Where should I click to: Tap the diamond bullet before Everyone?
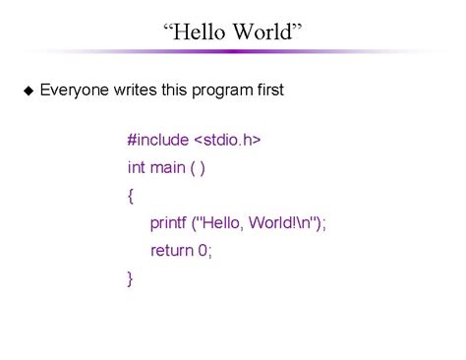coord(28,90)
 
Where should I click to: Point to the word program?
coord(220,90)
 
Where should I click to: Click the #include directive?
coord(161,140)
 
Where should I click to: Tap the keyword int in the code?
coord(136,167)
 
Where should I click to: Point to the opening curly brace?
coord(131,195)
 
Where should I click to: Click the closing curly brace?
coord(131,278)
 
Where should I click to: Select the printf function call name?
coord(168,223)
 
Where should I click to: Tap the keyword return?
coord(171,251)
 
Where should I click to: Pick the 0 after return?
coord(204,251)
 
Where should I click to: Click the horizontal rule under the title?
coord(233,53)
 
